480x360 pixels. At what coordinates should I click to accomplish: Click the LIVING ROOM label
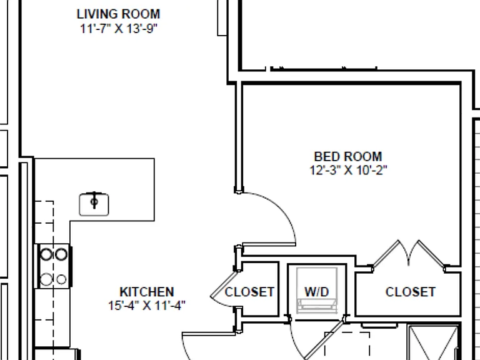pos(118,14)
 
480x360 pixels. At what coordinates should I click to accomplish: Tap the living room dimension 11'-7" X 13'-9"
pos(119,29)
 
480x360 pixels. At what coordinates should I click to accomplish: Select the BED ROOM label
pos(348,156)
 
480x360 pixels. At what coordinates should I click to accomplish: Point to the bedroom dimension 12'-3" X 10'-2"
pos(348,170)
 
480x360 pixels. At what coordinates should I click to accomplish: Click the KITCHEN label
pos(147,292)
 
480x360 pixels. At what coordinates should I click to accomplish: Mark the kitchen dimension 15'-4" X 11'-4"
pos(147,305)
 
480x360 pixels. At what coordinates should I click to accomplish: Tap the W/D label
pos(317,292)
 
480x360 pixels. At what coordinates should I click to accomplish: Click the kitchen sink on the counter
pos(94,204)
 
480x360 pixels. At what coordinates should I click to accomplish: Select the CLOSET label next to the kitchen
pos(249,292)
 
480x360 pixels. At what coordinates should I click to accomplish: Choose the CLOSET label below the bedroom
pos(410,292)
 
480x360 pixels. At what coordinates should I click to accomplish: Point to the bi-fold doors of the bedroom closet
pos(408,254)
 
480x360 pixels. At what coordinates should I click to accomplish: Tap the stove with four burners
pos(54,266)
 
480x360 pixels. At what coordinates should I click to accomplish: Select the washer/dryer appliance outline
pos(317,291)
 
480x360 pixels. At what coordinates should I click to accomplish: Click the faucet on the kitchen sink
pos(94,201)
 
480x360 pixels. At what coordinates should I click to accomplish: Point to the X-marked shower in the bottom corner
pos(434,343)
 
